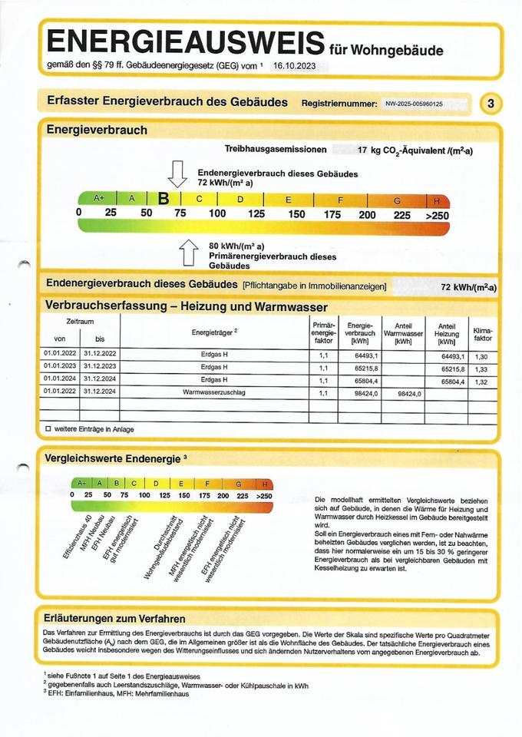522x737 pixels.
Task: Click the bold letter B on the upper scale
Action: [164, 199]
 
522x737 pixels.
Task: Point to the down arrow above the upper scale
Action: [177, 174]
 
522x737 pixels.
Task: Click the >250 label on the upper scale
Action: [436, 214]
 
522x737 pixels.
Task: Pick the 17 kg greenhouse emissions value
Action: [415, 150]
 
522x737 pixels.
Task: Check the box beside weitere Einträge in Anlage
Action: [48, 428]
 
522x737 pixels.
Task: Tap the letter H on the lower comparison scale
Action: [265, 484]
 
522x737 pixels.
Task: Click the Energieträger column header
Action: [215, 332]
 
